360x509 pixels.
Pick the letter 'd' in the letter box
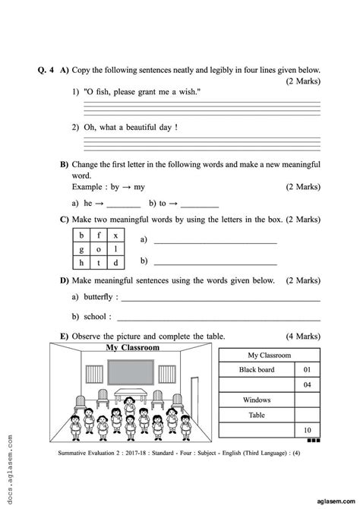[115, 264]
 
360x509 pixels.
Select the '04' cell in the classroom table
[308, 385]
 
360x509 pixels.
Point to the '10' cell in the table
[308, 430]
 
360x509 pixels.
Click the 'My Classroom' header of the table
[269, 355]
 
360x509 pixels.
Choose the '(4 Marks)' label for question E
[304, 336]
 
